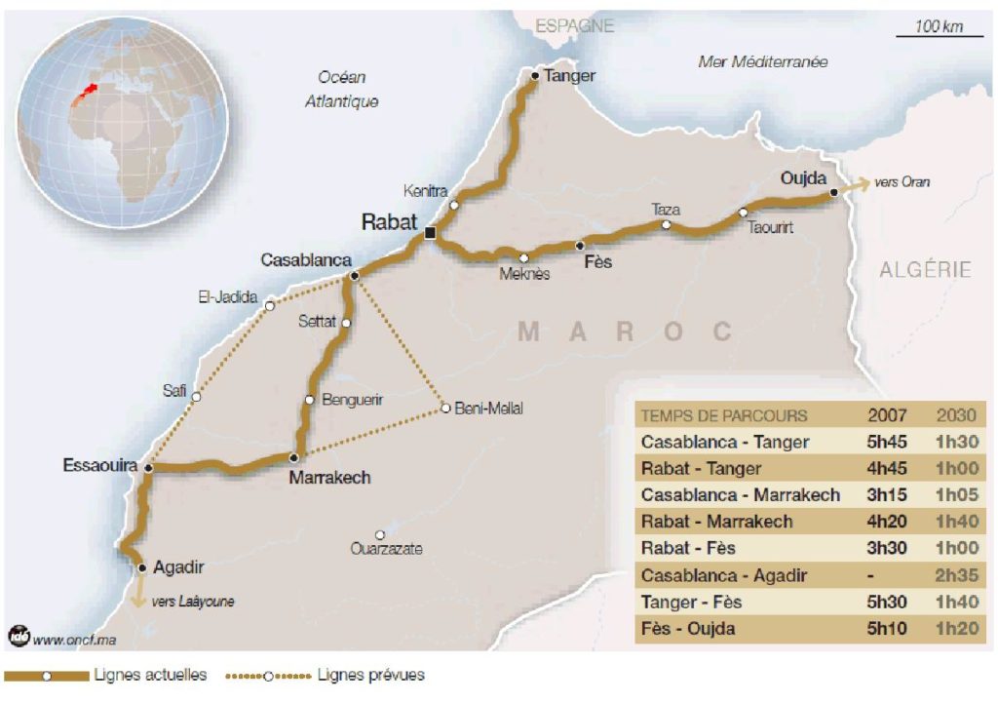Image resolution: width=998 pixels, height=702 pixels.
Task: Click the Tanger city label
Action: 569,75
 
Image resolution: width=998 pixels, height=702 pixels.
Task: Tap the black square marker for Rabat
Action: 431,232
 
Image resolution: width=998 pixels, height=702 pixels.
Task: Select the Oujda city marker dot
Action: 833,193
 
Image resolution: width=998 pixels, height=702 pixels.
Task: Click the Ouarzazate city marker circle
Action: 380,534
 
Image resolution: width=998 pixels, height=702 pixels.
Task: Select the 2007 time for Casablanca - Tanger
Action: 888,442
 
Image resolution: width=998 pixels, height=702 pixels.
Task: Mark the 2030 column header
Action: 956,415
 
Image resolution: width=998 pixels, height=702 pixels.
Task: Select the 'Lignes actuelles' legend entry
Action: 150,675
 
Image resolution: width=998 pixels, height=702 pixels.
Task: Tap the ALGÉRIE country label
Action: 925,270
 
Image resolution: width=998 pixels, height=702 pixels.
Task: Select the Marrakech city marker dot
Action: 292,456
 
